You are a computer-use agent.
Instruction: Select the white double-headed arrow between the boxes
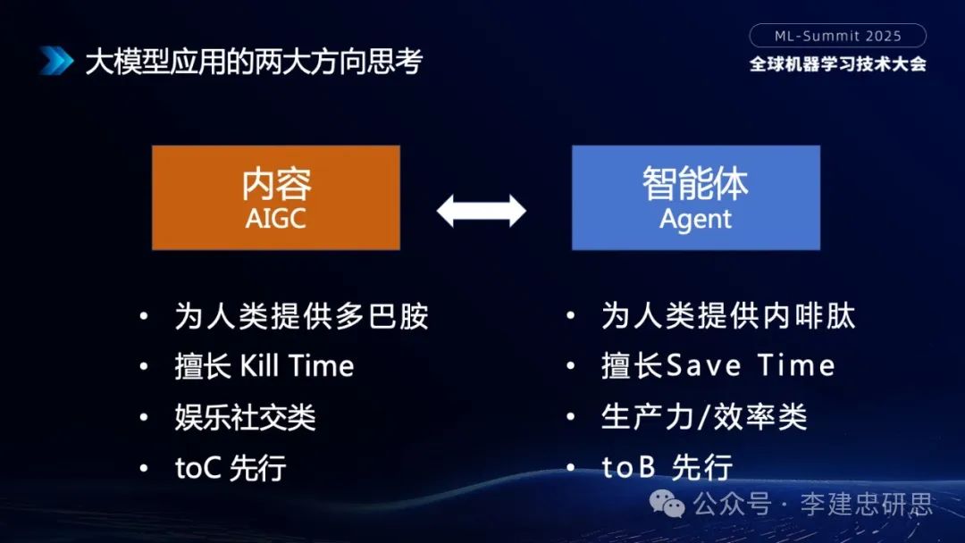point(482,211)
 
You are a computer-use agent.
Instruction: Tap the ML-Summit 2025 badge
point(837,36)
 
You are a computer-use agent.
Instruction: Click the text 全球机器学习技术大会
point(837,64)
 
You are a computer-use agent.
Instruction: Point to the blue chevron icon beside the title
point(56,61)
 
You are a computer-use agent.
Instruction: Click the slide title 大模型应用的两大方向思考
point(253,62)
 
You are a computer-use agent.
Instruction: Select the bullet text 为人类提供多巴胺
point(302,317)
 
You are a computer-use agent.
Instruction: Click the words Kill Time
point(298,366)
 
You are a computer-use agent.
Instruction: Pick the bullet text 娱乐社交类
point(245,417)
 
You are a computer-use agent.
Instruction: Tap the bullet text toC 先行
point(230,468)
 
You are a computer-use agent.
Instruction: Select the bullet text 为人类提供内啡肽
point(728,316)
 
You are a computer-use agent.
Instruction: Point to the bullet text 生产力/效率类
point(704,416)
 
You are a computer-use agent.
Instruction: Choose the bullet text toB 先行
point(667,467)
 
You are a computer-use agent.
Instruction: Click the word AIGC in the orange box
point(275,219)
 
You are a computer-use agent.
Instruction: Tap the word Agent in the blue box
point(695,219)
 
